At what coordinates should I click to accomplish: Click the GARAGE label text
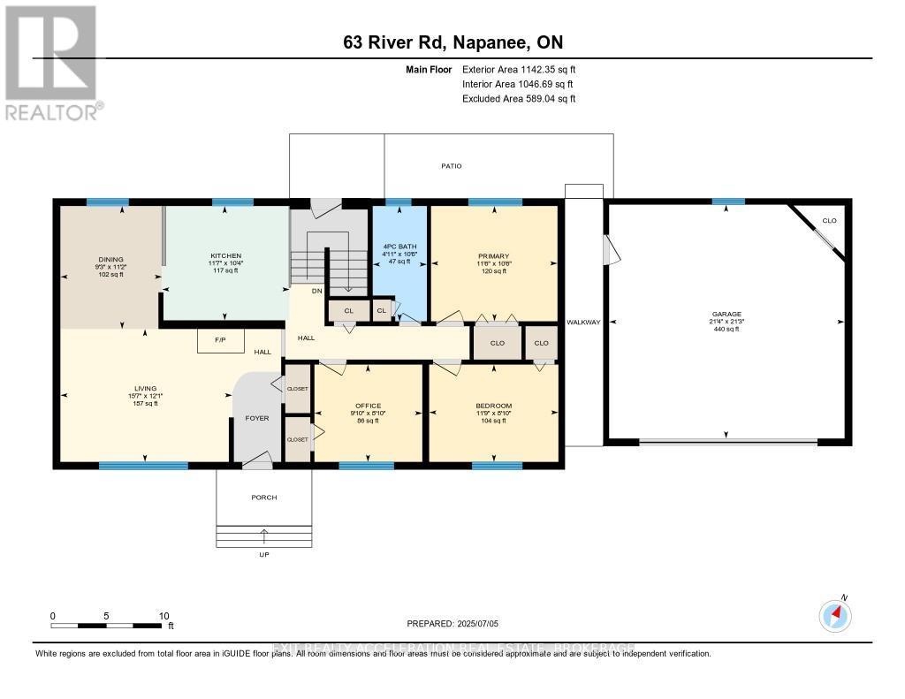(x=726, y=314)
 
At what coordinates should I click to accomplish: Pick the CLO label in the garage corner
(x=828, y=220)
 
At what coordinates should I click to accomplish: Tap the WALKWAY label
(x=583, y=322)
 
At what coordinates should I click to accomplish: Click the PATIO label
(x=452, y=166)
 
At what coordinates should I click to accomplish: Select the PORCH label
(x=263, y=498)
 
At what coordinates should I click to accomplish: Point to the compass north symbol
(x=834, y=613)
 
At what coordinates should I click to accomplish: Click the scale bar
(x=108, y=626)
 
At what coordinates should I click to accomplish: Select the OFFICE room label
(x=368, y=406)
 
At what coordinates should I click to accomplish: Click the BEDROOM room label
(x=493, y=406)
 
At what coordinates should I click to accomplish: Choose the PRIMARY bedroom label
(x=494, y=256)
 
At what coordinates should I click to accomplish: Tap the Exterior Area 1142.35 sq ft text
(x=519, y=69)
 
